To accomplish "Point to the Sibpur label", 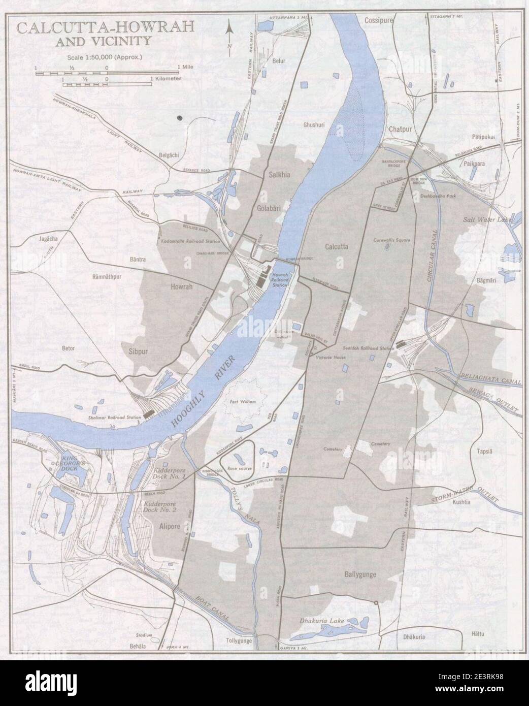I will click(x=135, y=350).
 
